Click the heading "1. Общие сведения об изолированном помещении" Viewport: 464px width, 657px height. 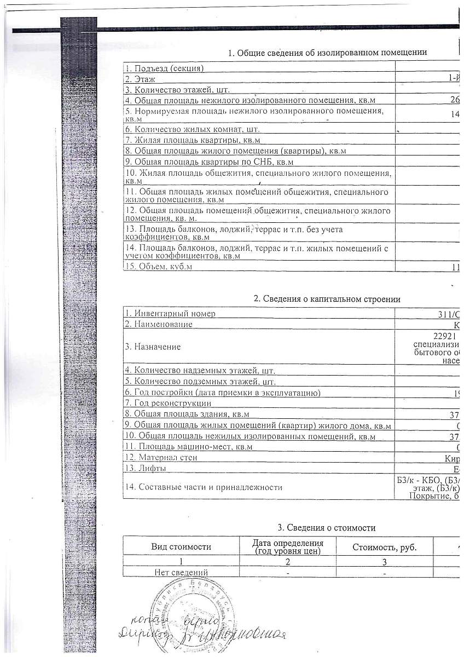327,53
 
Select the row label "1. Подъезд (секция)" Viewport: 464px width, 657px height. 165,68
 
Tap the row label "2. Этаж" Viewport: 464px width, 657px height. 141,79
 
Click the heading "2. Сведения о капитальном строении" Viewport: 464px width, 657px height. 327,299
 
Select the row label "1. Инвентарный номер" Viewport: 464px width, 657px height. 170,314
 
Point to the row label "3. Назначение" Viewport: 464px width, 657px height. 153,347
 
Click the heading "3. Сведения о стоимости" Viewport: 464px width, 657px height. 327,528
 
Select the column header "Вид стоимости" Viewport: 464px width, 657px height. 181,546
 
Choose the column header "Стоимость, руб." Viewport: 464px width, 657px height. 385,547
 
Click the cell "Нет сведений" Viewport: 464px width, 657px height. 181,572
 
